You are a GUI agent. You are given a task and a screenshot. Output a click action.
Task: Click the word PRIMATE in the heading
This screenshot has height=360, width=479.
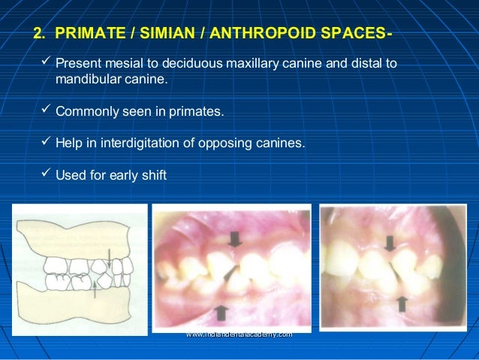click(x=85, y=35)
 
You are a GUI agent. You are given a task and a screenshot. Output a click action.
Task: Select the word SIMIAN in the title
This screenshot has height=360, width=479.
click(x=153, y=35)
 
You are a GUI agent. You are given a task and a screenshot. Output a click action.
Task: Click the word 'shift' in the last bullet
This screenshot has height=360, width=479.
click(x=152, y=176)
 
